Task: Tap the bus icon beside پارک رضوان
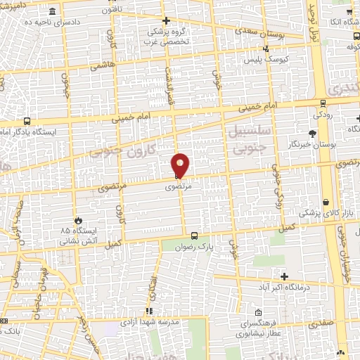195,236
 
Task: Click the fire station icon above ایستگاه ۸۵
79,220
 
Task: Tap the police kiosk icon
266,49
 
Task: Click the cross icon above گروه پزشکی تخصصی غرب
166,20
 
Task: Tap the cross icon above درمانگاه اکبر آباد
284,276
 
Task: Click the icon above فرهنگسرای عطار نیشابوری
259,313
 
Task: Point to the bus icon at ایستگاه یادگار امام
26,121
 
